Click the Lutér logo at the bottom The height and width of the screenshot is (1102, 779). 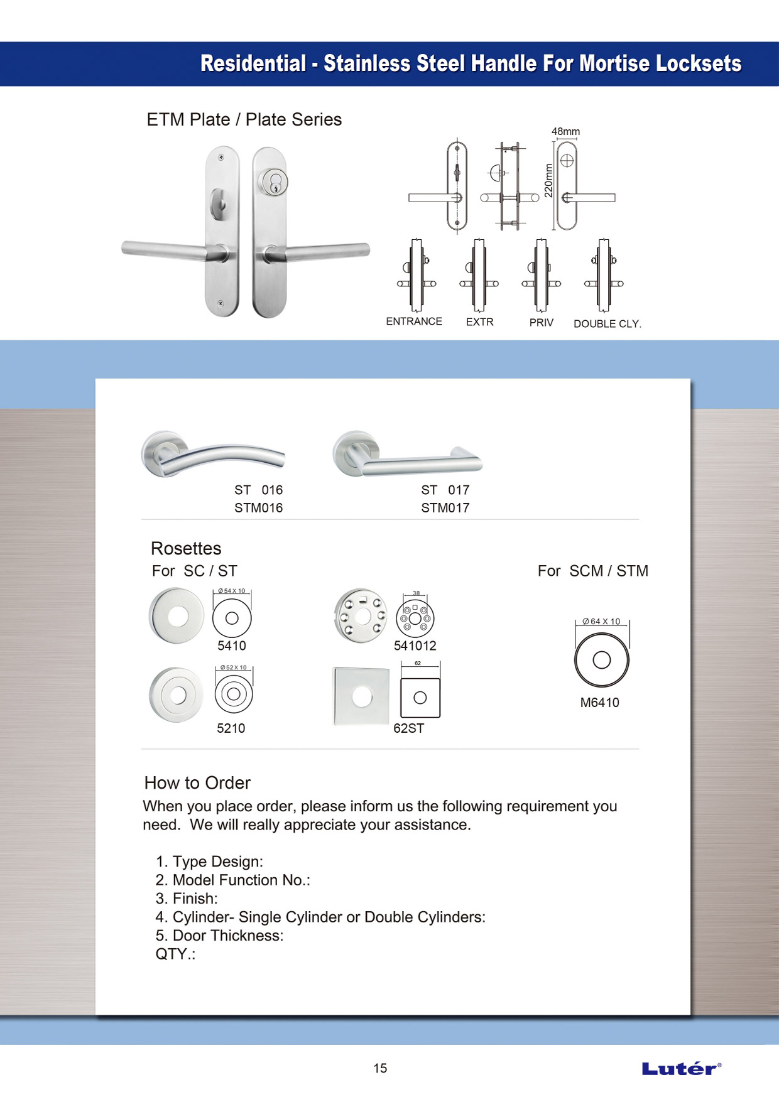click(x=681, y=1068)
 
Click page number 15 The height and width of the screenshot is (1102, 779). click(x=380, y=1068)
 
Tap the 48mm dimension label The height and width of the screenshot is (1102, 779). click(x=565, y=132)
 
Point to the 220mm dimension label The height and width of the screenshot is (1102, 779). click(x=548, y=181)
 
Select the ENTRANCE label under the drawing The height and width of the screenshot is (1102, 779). click(x=414, y=321)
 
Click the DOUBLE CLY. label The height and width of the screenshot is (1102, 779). click(x=607, y=324)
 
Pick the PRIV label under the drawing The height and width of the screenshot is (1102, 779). click(x=541, y=323)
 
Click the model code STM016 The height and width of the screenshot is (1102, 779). click(x=258, y=508)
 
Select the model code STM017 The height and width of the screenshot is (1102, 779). click(x=445, y=508)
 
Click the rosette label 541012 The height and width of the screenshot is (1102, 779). click(x=415, y=646)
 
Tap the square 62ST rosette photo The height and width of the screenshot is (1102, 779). click(x=361, y=696)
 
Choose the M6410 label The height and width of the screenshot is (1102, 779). click(x=599, y=703)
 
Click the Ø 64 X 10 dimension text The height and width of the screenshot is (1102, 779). click(x=601, y=622)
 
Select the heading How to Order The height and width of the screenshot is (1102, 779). click(x=197, y=783)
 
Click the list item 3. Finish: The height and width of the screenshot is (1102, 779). click(x=187, y=899)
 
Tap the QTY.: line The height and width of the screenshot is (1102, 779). click(x=175, y=954)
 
